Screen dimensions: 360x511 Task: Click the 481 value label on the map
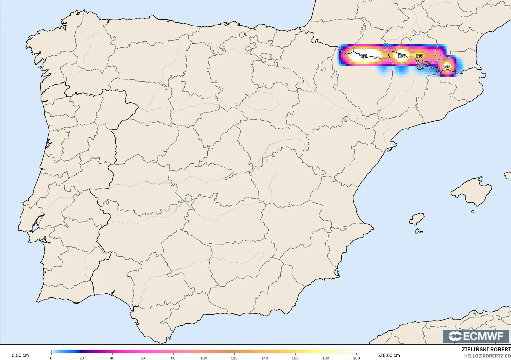pyautogui.click(x=363, y=56)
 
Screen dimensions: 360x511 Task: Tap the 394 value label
pyautogui.click(x=401, y=56)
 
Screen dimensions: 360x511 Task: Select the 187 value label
pyautogui.click(x=419, y=56)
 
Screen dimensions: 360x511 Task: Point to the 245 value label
pyautogui.click(x=446, y=67)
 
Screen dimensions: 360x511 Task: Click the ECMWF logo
pyautogui.click(x=476, y=336)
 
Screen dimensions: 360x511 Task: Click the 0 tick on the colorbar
pyautogui.click(x=51, y=358)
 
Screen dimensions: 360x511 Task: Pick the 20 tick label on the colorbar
pyautogui.click(x=82, y=358)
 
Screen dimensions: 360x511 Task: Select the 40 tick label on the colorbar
pyautogui.click(x=112, y=358)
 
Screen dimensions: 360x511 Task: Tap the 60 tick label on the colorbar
pyautogui.click(x=143, y=358)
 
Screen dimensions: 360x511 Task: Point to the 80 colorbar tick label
pyautogui.click(x=173, y=358)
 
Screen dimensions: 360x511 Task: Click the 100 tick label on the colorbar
pyautogui.click(x=204, y=358)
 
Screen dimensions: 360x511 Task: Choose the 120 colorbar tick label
pyautogui.click(x=234, y=358)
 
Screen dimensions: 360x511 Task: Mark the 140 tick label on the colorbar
pyautogui.click(x=265, y=358)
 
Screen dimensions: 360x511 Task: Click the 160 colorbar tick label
pyautogui.click(x=295, y=358)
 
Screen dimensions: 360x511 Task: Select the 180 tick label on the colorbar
pyautogui.click(x=326, y=358)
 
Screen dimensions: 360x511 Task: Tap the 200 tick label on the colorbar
pyautogui.click(x=356, y=358)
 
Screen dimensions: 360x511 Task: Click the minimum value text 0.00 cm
pyautogui.click(x=20, y=355)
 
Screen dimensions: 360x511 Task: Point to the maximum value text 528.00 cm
pyautogui.click(x=388, y=355)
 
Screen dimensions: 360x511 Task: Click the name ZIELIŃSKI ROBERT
pyautogui.click(x=486, y=350)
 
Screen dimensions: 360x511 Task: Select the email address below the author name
pyautogui.click(x=487, y=356)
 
